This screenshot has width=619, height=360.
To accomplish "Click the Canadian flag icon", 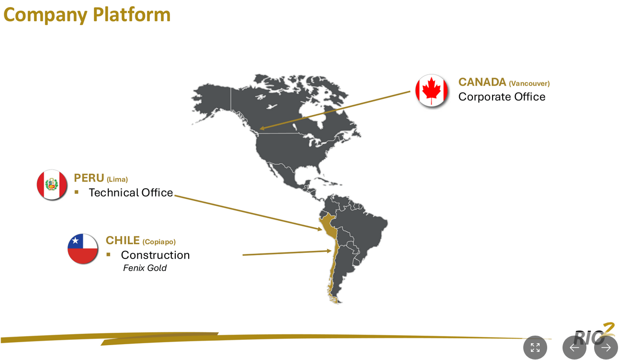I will (x=431, y=90).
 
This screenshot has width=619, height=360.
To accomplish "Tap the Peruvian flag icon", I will (x=52, y=184).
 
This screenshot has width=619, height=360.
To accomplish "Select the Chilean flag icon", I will (x=83, y=249).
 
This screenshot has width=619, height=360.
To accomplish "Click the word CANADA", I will (x=482, y=82).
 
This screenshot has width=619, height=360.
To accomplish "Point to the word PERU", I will (x=89, y=178).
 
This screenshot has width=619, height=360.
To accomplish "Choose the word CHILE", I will (x=123, y=240).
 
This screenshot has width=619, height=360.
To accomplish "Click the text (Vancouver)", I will (x=529, y=84).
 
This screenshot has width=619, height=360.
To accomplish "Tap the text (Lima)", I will (x=117, y=180).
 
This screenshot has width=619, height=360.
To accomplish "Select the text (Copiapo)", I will (x=159, y=242).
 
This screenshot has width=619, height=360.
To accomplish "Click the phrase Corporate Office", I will (x=502, y=97).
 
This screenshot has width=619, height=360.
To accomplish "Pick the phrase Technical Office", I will (x=131, y=192).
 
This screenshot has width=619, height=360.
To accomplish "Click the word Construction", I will (x=155, y=255).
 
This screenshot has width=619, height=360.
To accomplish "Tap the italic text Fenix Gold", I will (x=145, y=268).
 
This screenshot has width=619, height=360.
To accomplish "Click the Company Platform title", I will (x=87, y=14).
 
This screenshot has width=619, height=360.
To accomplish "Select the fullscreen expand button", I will (x=535, y=348).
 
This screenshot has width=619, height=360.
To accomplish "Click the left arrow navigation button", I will (x=574, y=348).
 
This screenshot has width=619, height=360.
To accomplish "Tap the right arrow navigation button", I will (x=606, y=348).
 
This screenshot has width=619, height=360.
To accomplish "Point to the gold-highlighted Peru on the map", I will (x=327, y=224).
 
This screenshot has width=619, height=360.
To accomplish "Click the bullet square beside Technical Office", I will (x=76, y=192).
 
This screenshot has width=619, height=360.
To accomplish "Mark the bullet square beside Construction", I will (x=108, y=255).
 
